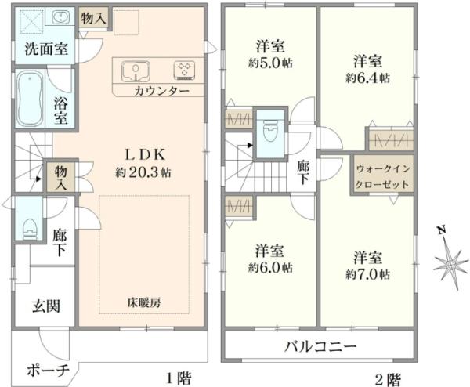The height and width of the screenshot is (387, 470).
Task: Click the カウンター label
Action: click(x=161, y=91)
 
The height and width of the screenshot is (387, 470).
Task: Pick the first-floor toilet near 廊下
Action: click(x=30, y=226)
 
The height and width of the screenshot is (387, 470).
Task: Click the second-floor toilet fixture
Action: click(x=272, y=130)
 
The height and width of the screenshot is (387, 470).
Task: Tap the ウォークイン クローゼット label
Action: click(x=379, y=175)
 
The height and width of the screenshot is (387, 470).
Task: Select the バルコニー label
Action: click(x=320, y=346)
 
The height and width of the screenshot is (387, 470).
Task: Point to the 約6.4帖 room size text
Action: click(x=367, y=78)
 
